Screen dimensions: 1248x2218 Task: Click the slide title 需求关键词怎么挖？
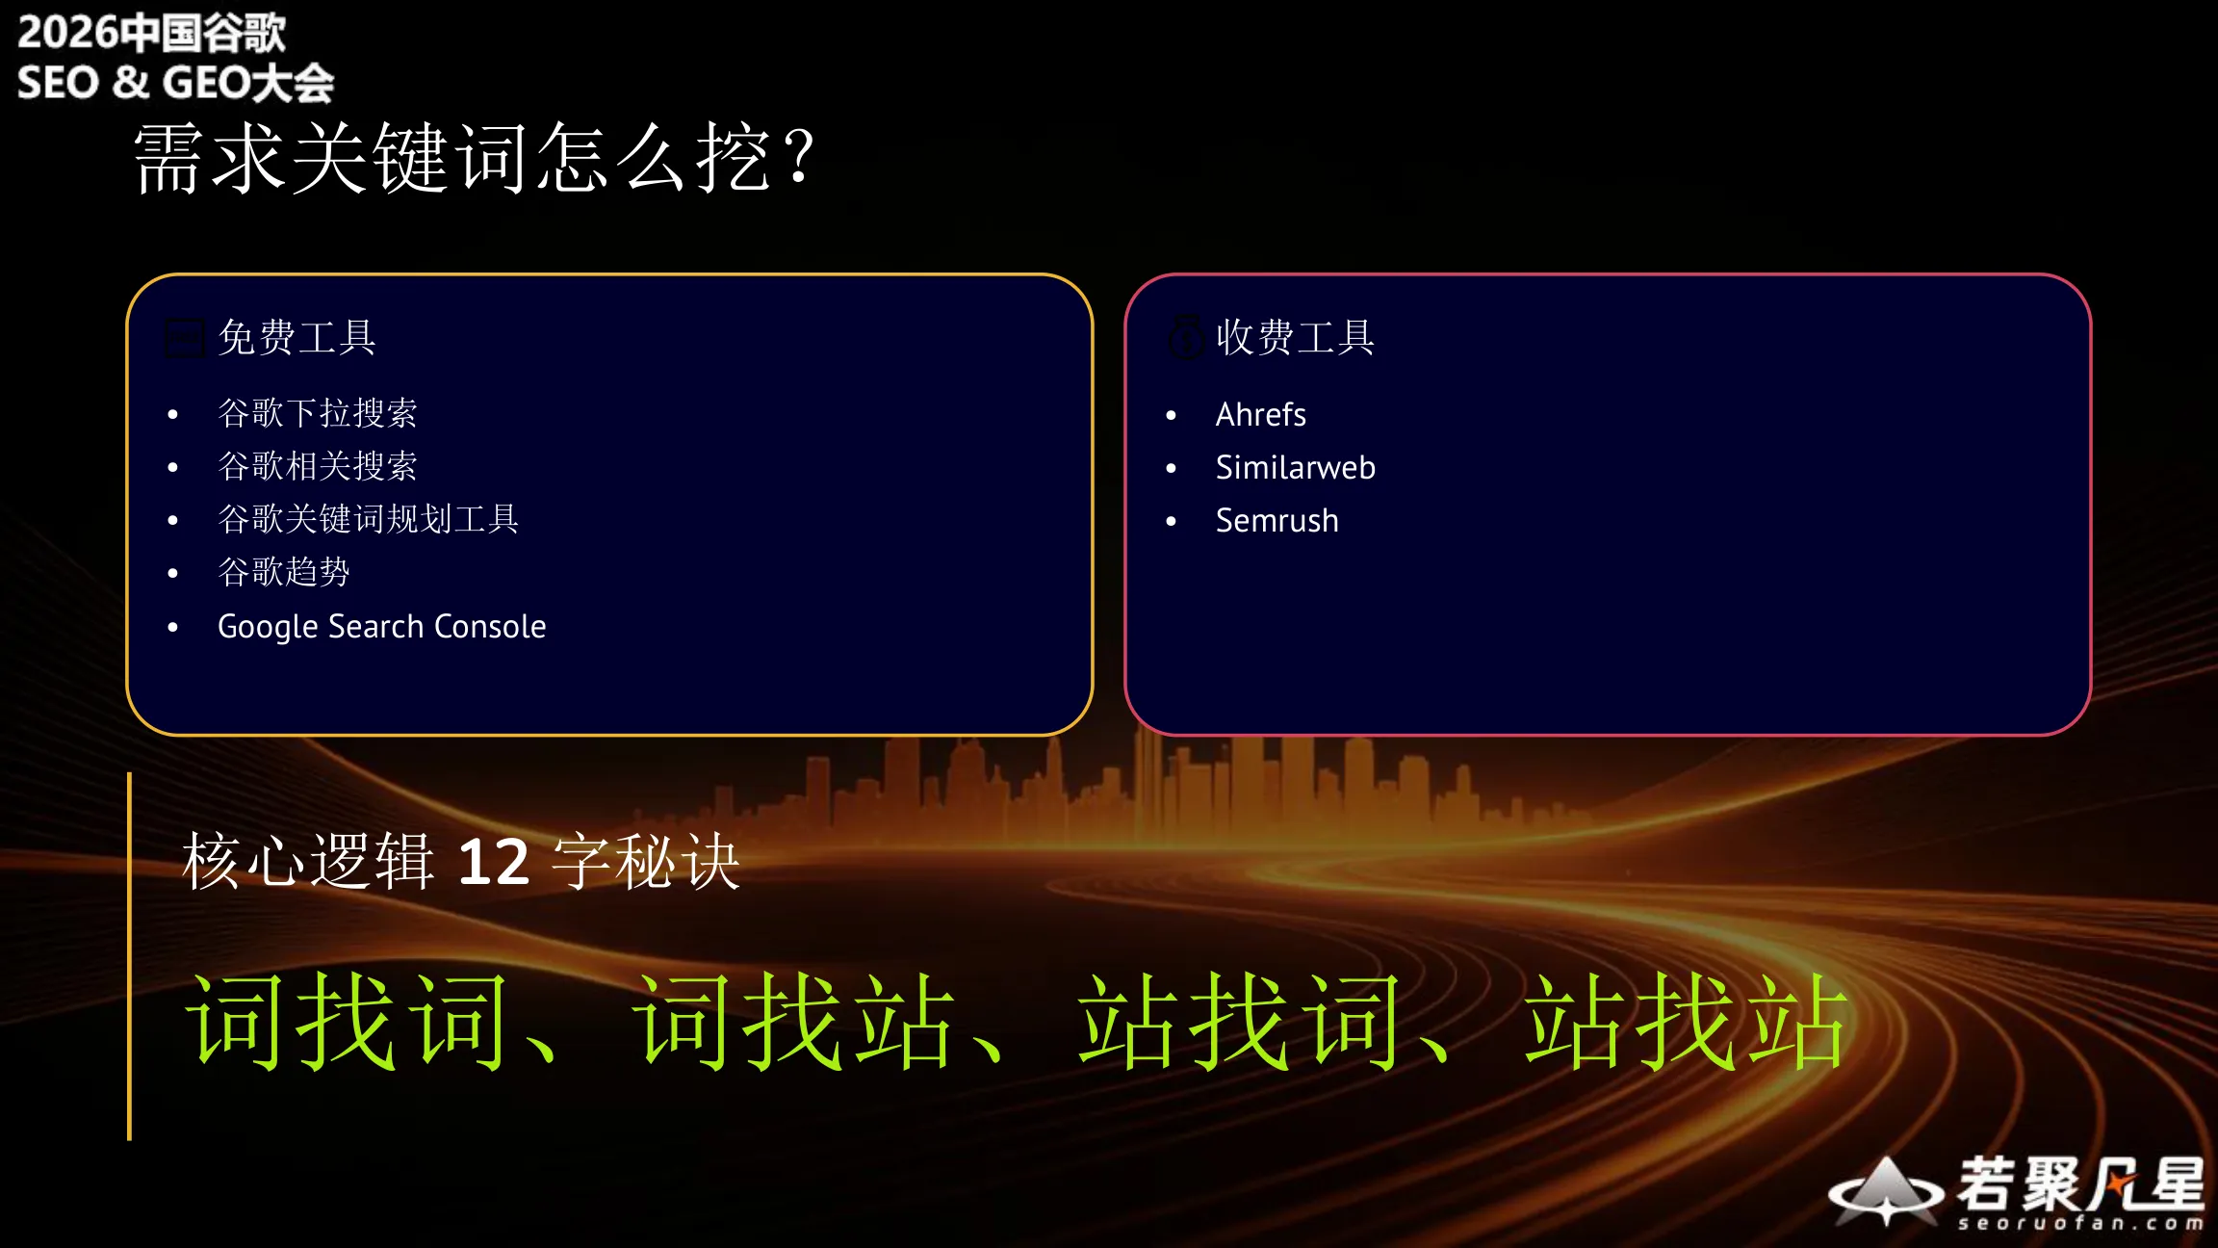[x=475, y=157]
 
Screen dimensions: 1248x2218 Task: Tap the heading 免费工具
[x=297, y=338]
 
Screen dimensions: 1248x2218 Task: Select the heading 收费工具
[x=1295, y=338]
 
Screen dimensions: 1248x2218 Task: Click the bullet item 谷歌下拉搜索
[x=318, y=413]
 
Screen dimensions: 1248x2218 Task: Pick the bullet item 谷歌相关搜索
[x=318, y=466]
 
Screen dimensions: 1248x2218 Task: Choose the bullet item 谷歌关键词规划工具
[x=369, y=519]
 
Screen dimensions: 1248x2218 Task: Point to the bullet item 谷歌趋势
[x=284, y=572]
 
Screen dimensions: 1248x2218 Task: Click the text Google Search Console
[x=382, y=627]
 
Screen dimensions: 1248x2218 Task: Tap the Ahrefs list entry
[x=1260, y=415]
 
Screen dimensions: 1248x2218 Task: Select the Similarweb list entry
[x=1295, y=468]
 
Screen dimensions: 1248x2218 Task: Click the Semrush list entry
[x=1277, y=521]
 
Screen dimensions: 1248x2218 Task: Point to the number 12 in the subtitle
[x=493, y=861]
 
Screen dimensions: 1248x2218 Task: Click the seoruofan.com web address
[x=2079, y=1223]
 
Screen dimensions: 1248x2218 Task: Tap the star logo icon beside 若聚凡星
[x=1885, y=1192]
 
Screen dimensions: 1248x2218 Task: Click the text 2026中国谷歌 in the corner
[x=151, y=33]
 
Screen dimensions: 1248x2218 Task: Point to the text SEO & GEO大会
[x=175, y=83]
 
